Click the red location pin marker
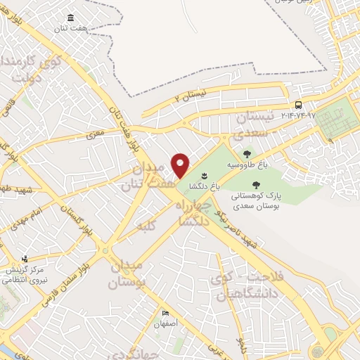181,165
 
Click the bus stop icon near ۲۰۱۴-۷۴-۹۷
299,105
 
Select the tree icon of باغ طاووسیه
247,154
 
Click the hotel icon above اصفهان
166,313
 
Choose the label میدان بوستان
129,274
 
